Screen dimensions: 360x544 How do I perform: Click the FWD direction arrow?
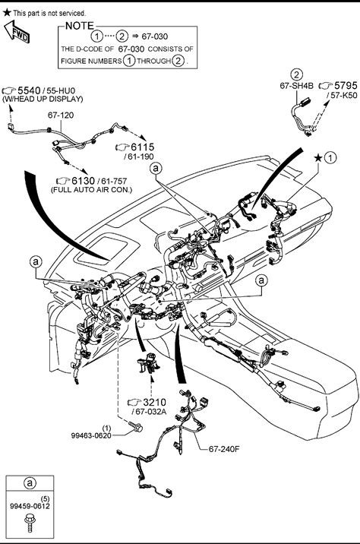click(16, 32)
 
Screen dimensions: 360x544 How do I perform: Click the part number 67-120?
click(61, 115)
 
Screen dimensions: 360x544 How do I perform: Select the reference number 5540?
click(29, 90)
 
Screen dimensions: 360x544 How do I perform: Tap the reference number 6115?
click(143, 147)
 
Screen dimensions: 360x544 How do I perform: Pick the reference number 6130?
click(84, 181)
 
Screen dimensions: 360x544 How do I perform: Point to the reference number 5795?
click(346, 85)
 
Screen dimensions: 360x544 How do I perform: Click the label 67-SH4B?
click(296, 86)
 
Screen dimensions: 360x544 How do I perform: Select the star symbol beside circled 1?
click(318, 158)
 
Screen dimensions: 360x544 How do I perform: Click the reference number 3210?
click(155, 403)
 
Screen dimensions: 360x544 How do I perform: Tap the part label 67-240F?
click(224, 449)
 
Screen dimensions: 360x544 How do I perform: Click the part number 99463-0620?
click(91, 435)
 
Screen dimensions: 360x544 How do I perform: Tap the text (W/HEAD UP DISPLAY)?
click(43, 100)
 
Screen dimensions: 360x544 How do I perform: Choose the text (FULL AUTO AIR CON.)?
click(92, 190)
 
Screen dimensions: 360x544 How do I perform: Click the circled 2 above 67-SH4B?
click(296, 74)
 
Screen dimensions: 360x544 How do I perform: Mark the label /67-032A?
click(149, 412)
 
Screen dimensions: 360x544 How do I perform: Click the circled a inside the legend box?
click(30, 483)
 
